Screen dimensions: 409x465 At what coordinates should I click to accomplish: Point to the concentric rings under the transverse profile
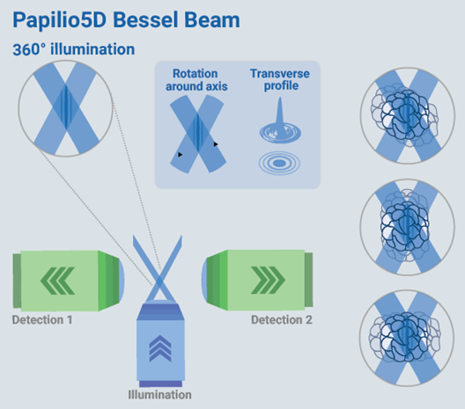274,164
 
